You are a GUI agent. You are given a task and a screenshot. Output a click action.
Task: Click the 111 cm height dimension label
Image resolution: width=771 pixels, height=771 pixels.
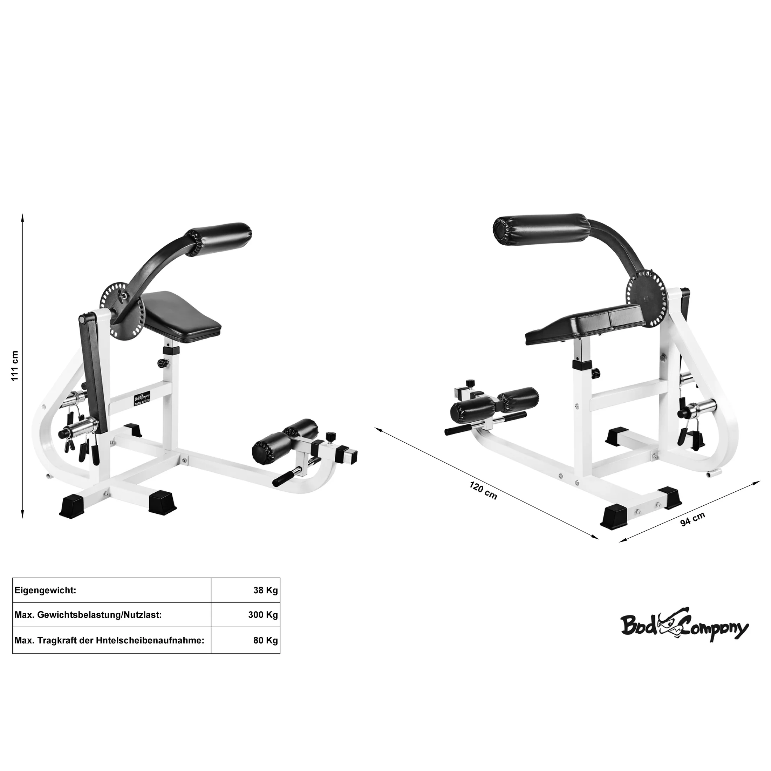click(x=15, y=366)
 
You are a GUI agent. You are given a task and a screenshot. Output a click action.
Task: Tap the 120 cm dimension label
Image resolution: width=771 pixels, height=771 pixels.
click(x=483, y=490)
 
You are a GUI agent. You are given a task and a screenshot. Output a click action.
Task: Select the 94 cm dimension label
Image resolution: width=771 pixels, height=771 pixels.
click(x=692, y=519)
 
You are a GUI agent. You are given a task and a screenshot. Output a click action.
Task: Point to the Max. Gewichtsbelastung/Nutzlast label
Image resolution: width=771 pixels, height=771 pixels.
click(x=88, y=626)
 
